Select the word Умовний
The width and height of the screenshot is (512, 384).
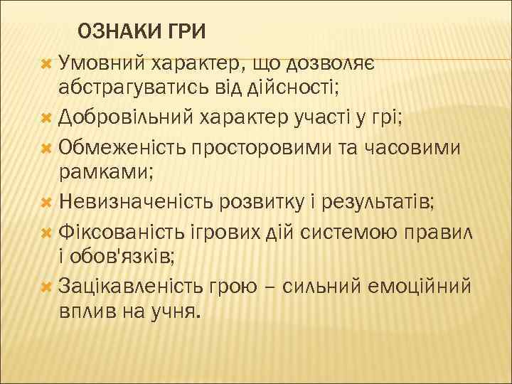coord(102,65)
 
